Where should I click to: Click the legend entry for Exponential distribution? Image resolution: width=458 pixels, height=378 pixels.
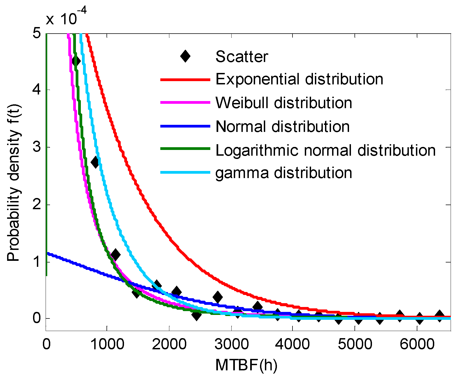click(299, 79)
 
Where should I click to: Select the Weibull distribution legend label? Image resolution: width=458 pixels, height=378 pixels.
click(283, 103)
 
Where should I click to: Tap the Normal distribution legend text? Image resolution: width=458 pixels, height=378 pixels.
click(282, 127)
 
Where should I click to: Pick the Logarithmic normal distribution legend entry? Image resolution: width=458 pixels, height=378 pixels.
click(325, 150)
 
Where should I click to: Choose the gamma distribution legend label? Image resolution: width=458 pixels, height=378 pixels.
click(283, 173)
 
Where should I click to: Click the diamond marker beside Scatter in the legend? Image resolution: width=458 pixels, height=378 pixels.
click(185, 57)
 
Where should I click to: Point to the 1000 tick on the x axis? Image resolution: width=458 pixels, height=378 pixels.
click(107, 344)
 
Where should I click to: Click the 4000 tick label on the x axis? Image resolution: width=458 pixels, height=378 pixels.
click(292, 344)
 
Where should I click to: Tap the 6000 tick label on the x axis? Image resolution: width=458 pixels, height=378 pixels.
click(417, 344)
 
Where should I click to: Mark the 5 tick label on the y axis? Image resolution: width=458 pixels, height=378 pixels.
click(37, 34)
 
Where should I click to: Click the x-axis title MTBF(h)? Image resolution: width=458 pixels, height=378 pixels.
click(246, 365)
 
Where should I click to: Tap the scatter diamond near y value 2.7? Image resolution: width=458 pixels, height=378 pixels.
click(95, 162)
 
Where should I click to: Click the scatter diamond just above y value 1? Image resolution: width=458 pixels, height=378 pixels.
click(115, 255)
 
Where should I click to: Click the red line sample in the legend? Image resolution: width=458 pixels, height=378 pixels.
click(185, 80)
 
